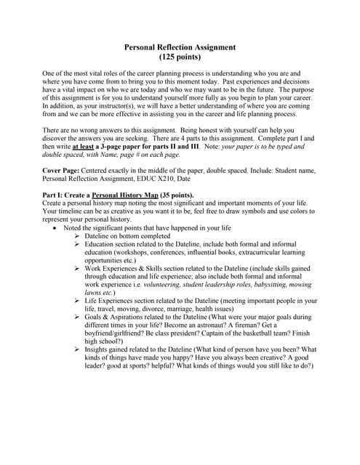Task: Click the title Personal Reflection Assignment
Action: click(x=180, y=48)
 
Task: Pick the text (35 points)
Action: click(x=176, y=195)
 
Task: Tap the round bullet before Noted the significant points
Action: click(x=56, y=227)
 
